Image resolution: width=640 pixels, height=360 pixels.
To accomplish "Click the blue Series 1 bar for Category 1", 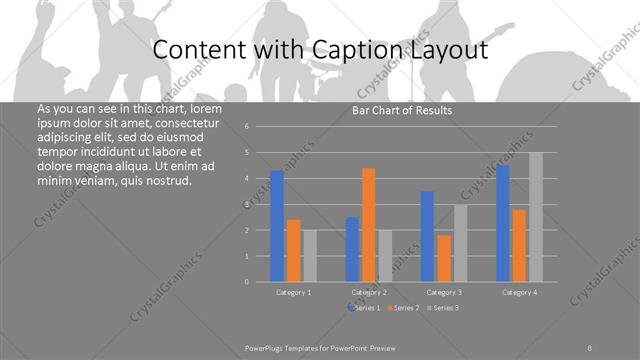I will [x=277, y=226].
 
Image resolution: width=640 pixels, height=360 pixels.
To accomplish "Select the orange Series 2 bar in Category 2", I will [x=369, y=225].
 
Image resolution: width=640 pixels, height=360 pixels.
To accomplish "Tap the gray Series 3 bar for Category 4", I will [x=536, y=217].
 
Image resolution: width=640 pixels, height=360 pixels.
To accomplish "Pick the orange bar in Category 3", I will [x=444, y=258].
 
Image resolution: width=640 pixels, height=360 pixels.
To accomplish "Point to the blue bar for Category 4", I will [x=503, y=223].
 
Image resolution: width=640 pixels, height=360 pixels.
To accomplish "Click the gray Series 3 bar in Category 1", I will [x=310, y=256].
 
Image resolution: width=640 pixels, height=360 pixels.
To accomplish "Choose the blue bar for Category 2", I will [x=352, y=249].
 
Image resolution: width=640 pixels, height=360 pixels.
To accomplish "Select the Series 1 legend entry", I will [x=365, y=307].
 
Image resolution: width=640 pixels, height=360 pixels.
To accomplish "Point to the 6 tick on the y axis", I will [x=260, y=127].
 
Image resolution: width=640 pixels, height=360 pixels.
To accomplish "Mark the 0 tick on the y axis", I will [x=260, y=282].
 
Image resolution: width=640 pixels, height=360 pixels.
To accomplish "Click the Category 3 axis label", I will [x=444, y=292].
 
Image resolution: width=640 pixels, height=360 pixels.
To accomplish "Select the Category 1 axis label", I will [x=294, y=292].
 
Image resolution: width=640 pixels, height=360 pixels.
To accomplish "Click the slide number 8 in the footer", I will [x=590, y=347].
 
